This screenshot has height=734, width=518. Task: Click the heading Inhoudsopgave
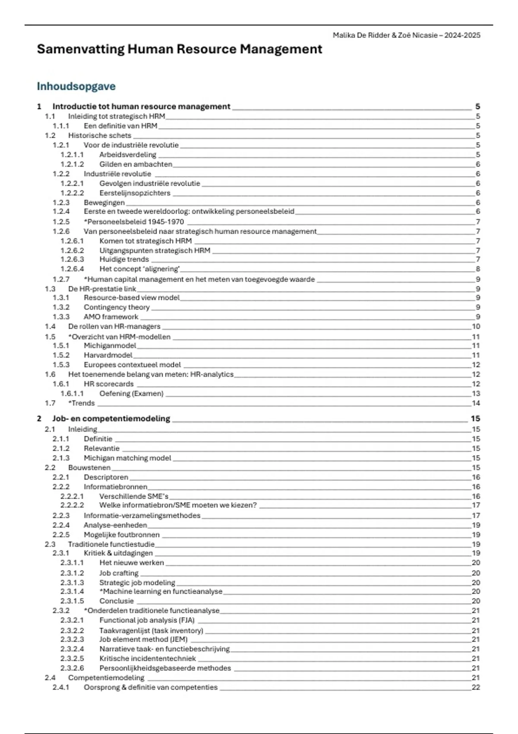[76, 86]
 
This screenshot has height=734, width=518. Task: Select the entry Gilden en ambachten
[136, 164]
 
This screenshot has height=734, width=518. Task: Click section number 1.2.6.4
[72, 269]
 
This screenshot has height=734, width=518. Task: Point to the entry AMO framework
[111, 317]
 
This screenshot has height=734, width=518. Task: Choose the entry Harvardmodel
[108, 355]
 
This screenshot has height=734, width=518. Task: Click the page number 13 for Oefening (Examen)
[476, 394]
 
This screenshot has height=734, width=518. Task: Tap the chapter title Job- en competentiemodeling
[111, 418]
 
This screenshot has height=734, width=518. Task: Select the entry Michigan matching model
[127, 458]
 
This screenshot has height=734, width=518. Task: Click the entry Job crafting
[119, 573]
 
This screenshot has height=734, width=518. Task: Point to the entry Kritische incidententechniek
[148, 658]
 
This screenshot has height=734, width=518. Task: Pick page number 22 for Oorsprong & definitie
[476, 687]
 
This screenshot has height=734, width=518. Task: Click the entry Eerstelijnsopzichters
[135, 193]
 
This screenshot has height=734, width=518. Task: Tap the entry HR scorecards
[109, 384]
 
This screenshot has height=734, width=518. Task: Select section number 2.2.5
[61, 535]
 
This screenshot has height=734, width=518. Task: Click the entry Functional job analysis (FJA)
[147, 620]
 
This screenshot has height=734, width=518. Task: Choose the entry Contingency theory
[117, 307]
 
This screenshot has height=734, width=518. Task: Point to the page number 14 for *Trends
[476, 403]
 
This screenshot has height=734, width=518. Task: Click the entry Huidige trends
[124, 259]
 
